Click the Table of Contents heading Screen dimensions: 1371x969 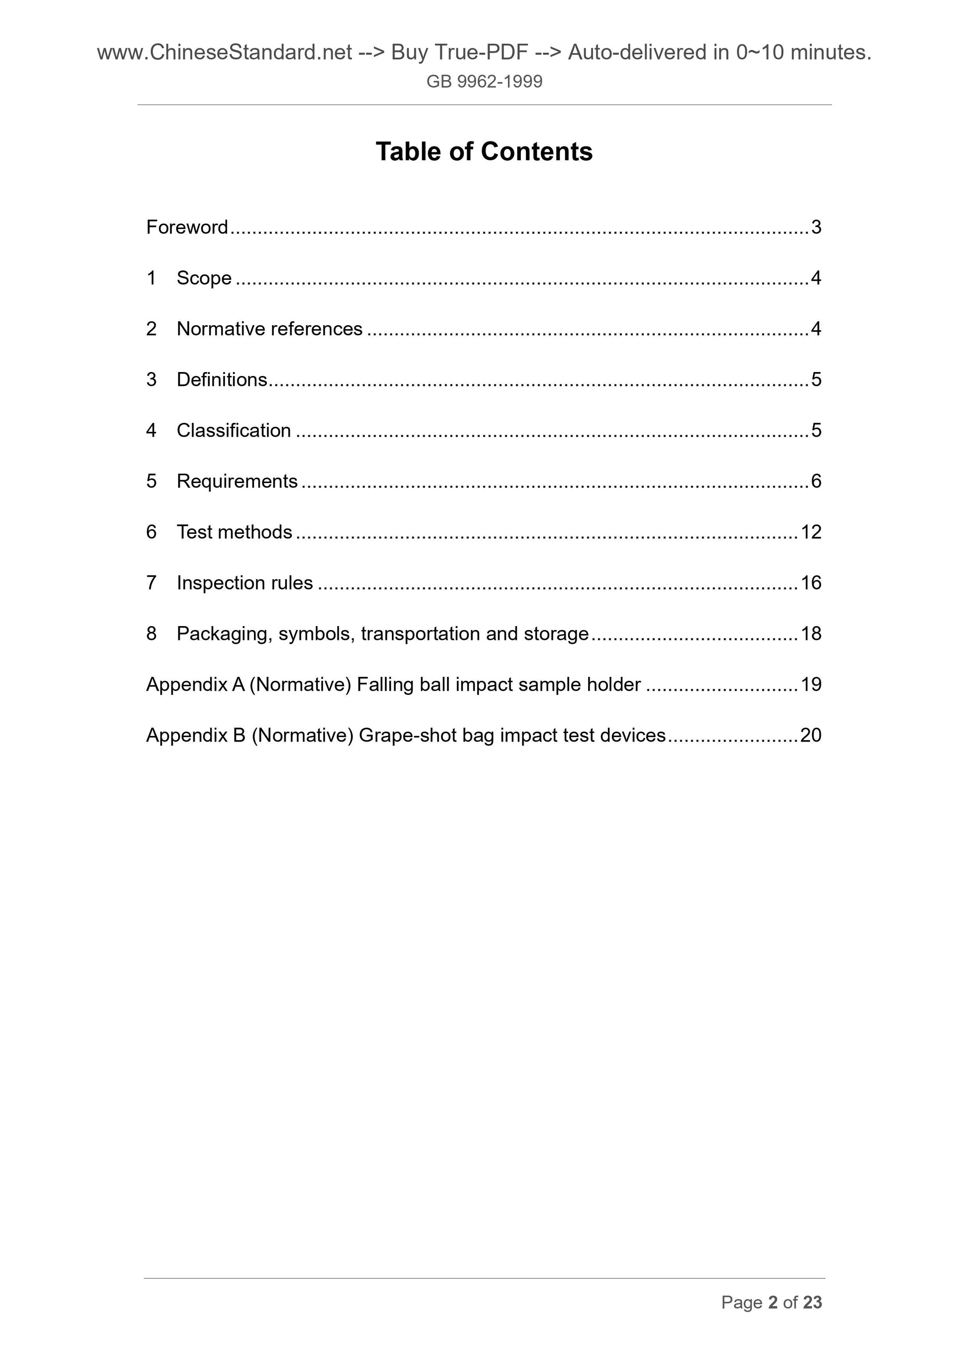point(484,152)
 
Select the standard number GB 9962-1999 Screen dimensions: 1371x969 point(484,81)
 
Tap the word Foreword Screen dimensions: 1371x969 point(187,227)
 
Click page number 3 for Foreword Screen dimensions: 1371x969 point(816,227)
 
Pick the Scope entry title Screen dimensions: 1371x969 point(204,278)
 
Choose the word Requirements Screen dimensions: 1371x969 point(237,481)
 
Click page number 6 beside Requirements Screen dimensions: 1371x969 point(816,481)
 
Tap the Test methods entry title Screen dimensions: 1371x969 point(234,531)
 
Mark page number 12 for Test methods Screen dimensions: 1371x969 point(811,531)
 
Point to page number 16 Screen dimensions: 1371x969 point(811,582)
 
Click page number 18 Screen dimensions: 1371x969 point(811,633)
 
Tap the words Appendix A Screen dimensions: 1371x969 point(195,684)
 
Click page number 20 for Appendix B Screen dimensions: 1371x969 point(811,735)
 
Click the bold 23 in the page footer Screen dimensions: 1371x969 point(813,1302)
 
